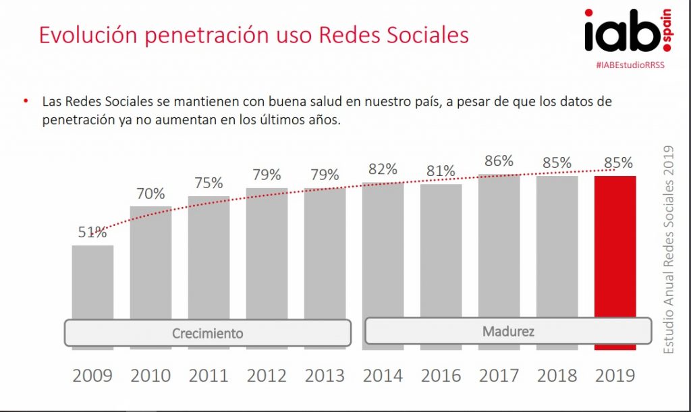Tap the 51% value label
pos(92,233)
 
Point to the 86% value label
pos(499,161)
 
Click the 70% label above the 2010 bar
pos(150,194)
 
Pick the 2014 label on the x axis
pos(383,376)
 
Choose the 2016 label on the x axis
pos(441,376)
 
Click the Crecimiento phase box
pos(207,333)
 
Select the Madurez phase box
pos(508,331)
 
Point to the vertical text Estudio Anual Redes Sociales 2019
pos(669,249)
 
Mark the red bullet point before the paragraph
pos(26,101)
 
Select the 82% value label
pos(383,170)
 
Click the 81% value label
pos(441,172)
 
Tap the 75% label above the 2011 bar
pos(209,183)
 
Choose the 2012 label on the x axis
pos(267,376)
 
